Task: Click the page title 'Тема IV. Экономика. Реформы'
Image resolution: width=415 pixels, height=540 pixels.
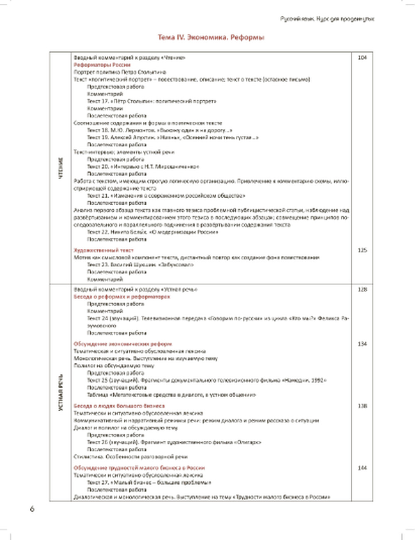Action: click(211, 37)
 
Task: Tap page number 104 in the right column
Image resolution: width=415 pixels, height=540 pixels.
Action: click(362, 58)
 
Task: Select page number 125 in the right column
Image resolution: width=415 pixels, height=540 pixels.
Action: click(362, 250)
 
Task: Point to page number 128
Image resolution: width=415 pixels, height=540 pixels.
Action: click(362, 289)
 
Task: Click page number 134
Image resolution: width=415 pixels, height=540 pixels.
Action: click(362, 344)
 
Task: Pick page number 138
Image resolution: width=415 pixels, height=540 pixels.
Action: click(362, 405)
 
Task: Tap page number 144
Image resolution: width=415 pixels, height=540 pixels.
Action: click(362, 468)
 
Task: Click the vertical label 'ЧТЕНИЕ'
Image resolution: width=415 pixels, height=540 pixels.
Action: click(61, 168)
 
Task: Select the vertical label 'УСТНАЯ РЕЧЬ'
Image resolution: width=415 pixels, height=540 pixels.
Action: click(61, 393)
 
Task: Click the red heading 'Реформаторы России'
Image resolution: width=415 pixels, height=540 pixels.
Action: click(102, 65)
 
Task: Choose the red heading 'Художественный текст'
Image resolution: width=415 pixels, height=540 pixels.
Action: click(104, 250)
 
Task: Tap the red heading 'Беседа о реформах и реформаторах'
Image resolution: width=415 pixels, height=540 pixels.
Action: click(122, 297)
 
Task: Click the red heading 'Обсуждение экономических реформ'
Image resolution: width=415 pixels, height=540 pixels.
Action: click(123, 344)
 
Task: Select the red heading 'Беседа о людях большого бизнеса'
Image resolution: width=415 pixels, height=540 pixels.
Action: click(119, 406)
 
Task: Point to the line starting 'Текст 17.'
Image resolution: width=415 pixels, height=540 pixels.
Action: click(151, 101)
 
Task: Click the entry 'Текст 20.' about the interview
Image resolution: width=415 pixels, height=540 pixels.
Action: click(143, 167)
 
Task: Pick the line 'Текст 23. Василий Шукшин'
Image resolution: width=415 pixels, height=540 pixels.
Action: click(140, 265)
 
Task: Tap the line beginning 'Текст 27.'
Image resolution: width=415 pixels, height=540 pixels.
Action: click(149, 483)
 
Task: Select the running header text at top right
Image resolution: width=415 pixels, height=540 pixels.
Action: click(327, 19)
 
